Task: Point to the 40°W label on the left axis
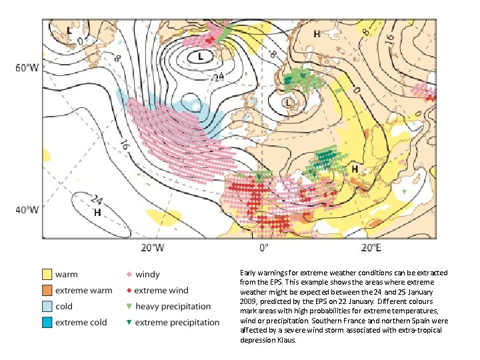click(27, 209)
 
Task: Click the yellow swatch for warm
click(47, 274)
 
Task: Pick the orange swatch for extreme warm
click(47, 290)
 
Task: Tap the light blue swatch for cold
click(47, 306)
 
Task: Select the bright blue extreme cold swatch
click(47, 322)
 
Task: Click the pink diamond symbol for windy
click(128, 274)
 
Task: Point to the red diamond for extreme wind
click(128, 290)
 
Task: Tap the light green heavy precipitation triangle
click(128, 307)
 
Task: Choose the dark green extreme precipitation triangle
click(128, 323)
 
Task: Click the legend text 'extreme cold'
click(81, 322)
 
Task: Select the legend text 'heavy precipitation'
click(173, 306)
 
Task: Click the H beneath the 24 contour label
click(97, 213)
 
